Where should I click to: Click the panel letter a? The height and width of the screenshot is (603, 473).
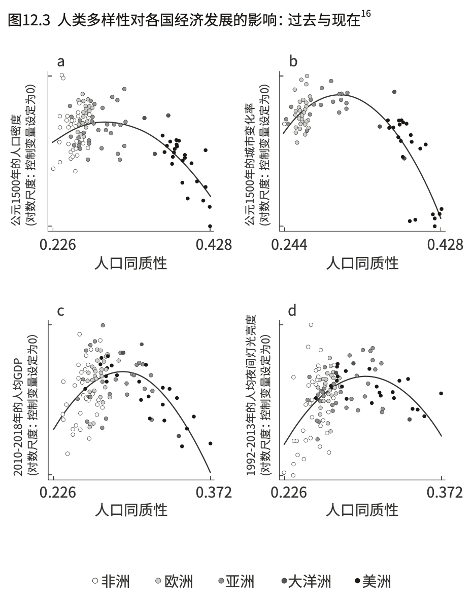(61, 62)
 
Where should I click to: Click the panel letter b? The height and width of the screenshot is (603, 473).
(293, 61)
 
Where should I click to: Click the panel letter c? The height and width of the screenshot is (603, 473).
(60, 311)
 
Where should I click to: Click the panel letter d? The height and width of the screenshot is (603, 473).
(293, 310)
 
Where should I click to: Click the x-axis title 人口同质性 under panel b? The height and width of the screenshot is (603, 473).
(362, 263)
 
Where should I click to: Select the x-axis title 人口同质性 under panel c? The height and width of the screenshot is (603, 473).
(131, 509)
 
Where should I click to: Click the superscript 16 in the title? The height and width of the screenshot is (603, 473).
(365, 14)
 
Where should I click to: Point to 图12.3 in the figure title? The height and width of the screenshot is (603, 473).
(29, 21)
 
